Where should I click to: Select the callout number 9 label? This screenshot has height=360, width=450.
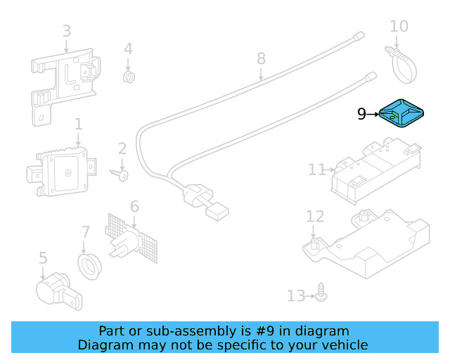point(361,114)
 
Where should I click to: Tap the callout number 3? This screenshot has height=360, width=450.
point(66,31)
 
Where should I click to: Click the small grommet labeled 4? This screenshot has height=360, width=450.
point(129,76)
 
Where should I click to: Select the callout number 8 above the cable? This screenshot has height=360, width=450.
point(261,58)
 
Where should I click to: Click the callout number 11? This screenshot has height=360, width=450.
point(316,169)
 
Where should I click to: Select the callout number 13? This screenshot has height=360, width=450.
point(295,296)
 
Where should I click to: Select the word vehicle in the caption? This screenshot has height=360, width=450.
point(344,345)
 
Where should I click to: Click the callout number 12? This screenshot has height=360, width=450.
point(314,217)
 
